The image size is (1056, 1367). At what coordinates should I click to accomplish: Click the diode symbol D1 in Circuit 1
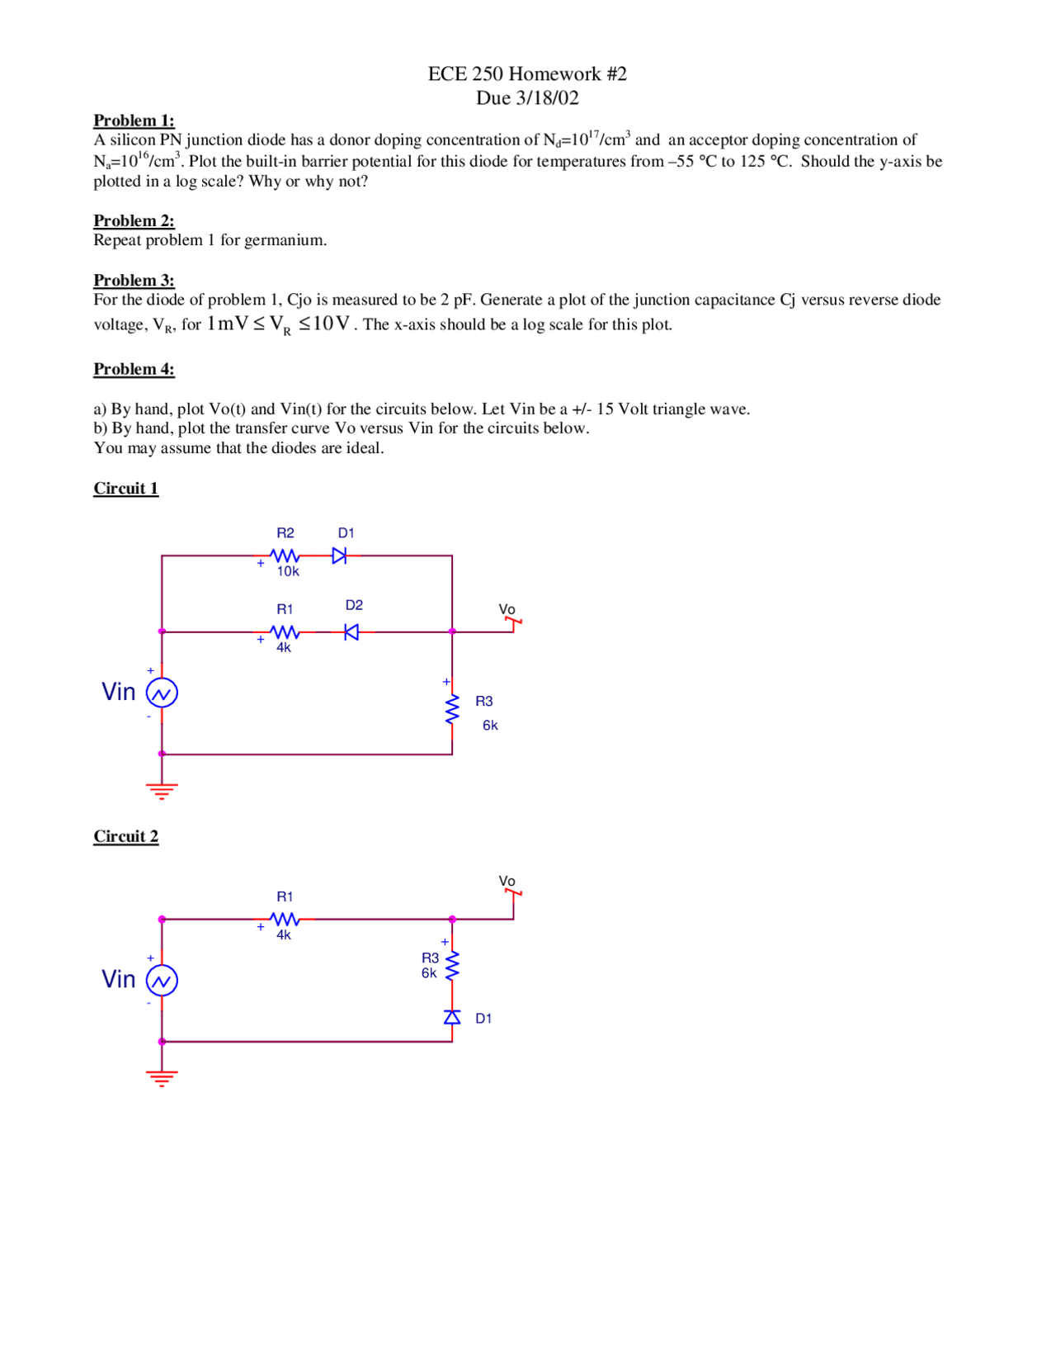[x=339, y=556]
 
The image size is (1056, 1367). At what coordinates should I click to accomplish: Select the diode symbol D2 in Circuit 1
[x=351, y=632]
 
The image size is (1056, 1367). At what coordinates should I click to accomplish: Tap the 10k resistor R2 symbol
[x=285, y=556]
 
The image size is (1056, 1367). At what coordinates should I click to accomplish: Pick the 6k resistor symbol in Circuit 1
[x=452, y=709]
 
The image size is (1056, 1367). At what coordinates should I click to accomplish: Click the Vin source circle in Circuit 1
[x=162, y=693]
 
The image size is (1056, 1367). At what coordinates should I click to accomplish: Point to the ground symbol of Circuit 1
[x=162, y=791]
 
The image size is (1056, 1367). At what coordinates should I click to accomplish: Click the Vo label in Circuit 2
[x=507, y=882]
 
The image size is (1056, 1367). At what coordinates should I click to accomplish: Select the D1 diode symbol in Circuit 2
[x=452, y=1017]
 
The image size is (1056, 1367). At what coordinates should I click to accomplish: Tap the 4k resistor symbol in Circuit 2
[x=285, y=919]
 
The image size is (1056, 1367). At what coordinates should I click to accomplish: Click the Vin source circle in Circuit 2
[x=162, y=981]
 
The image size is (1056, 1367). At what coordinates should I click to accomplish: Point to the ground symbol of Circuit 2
[x=162, y=1078]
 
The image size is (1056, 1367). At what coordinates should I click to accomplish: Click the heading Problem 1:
[x=134, y=121]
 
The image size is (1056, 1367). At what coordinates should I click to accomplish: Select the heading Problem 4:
[x=134, y=369]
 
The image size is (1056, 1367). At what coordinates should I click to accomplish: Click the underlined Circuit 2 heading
[x=125, y=836]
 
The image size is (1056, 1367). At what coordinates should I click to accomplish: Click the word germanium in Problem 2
[x=285, y=240]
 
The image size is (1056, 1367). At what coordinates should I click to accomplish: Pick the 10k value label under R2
[x=288, y=571]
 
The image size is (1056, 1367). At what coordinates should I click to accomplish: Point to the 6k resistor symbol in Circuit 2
[x=452, y=965]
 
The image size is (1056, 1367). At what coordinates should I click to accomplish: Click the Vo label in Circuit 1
[x=507, y=609]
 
